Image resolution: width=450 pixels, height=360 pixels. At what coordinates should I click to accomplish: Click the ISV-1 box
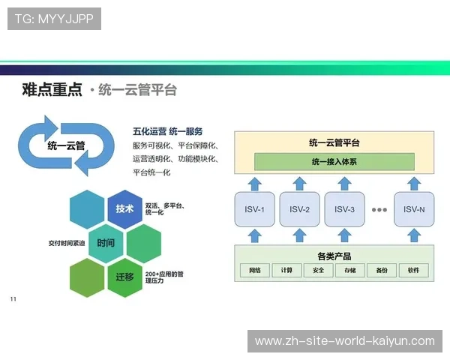[x=256, y=209]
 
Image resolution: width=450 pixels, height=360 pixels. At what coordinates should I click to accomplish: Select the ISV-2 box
[x=299, y=209]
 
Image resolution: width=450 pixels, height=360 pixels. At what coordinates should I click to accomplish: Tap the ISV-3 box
[x=344, y=209]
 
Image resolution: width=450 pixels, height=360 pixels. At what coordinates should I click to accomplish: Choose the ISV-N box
[x=414, y=209]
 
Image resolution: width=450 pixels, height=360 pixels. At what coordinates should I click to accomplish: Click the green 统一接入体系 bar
[x=334, y=161]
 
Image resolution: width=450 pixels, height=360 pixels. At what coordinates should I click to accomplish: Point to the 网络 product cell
[x=255, y=270]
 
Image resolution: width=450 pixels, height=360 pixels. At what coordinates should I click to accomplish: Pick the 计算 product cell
[x=286, y=270]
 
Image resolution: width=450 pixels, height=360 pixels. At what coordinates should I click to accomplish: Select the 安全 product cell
[x=318, y=270]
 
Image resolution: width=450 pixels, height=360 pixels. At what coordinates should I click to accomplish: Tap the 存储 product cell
[x=350, y=270]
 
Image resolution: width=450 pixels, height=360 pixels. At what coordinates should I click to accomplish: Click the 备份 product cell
[x=382, y=270]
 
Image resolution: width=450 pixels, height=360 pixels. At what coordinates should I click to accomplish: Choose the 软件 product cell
[x=414, y=270]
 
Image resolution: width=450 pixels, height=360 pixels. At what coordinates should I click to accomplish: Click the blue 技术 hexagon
[x=124, y=209]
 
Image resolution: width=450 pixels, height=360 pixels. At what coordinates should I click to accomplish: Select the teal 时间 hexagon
[x=106, y=244]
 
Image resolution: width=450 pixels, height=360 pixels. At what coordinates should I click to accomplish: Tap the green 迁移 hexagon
[x=124, y=277]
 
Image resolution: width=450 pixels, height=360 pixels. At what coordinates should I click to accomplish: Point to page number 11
[x=13, y=300]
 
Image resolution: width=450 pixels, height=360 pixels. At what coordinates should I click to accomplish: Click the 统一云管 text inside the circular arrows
[x=66, y=145]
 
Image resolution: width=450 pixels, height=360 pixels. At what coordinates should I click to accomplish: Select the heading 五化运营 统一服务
[x=168, y=130]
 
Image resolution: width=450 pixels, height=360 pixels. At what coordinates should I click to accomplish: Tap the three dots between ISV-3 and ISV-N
[x=379, y=209]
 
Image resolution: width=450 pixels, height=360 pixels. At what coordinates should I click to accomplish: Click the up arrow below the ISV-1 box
[x=256, y=235]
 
